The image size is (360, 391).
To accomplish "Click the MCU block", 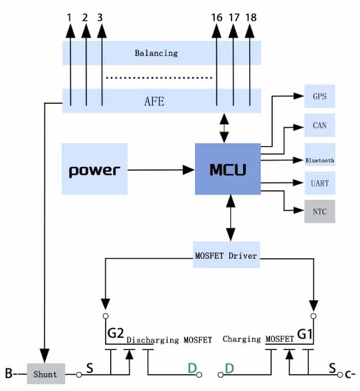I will click(227, 169).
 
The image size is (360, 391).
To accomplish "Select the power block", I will click(95, 169).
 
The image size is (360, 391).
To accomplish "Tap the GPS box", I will click(320, 96).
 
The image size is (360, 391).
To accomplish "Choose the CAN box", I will click(320, 125).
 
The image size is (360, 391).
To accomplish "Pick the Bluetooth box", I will click(320, 160).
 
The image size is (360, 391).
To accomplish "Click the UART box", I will click(320, 183).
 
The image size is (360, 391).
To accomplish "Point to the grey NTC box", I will click(320, 211).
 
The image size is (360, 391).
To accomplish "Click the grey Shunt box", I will click(46, 374).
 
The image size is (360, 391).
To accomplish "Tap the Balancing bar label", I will click(156, 53).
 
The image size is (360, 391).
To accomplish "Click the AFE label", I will click(154, 101).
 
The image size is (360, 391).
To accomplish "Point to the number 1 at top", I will click(70, 17).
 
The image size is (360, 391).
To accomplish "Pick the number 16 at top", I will click(216, 17).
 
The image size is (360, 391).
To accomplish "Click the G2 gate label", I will click(115, 333).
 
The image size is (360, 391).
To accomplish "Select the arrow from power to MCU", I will click(161, 169).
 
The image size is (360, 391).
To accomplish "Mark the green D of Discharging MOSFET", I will click(192, 367).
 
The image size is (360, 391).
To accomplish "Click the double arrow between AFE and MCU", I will click(224, 128).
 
